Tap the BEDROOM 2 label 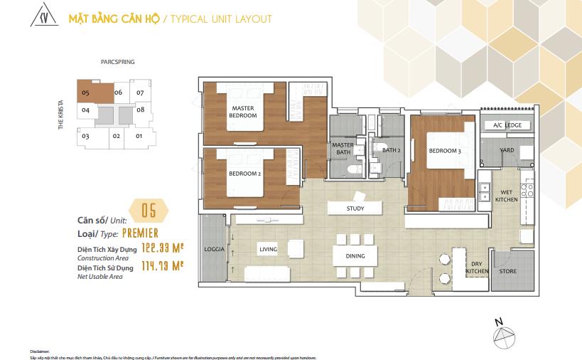[x=243, y=173]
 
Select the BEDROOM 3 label [x=444, y=151]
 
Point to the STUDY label [x=355, y=209]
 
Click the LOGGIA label [x=214, y=250]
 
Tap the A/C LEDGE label [x=503, y=125]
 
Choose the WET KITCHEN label [x=506, y=196]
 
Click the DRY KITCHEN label [x=476, y=268]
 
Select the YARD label [x=507, y=151]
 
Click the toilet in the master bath [x=353, y=170]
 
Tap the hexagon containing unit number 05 [x=149, y=211]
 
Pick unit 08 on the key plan [x=141, y=110]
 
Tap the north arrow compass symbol [x=502, y=332]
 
